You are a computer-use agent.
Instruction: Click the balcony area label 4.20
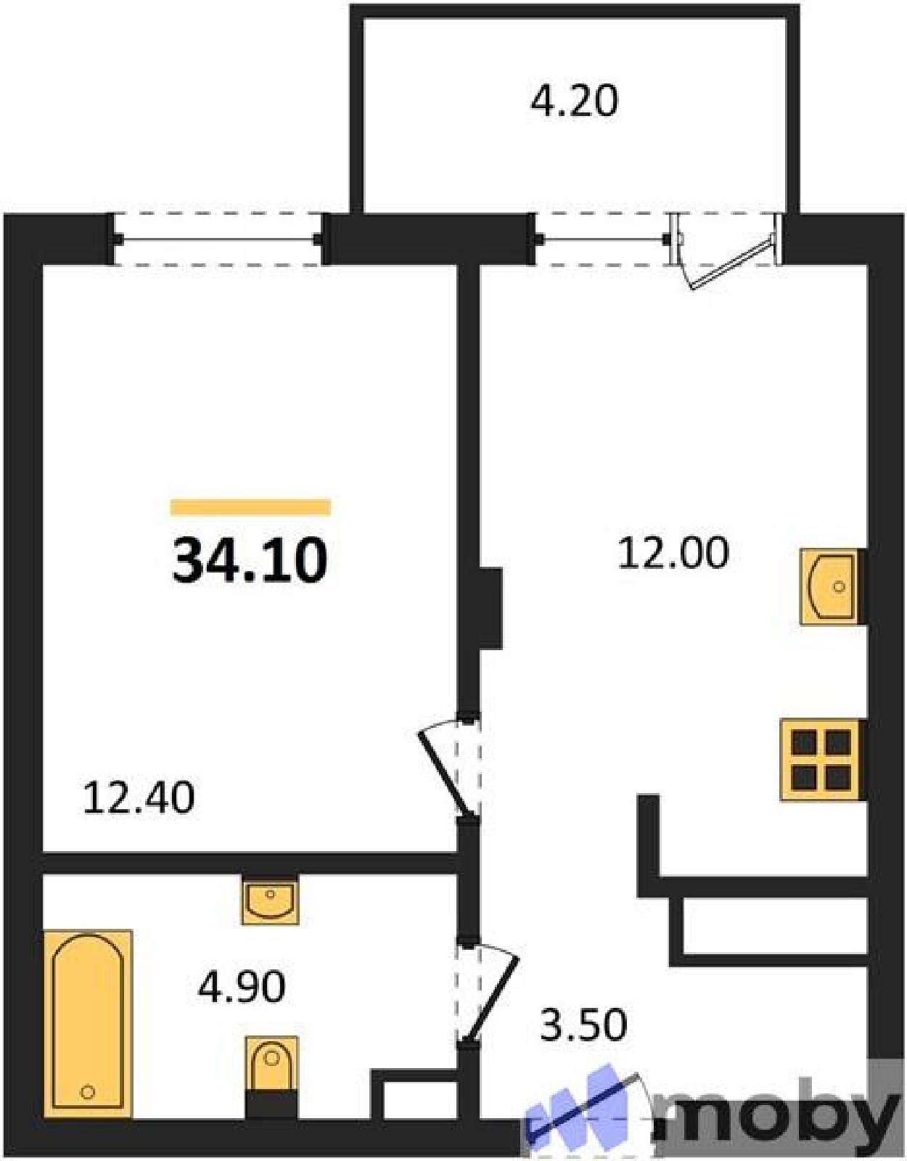coord(574,102)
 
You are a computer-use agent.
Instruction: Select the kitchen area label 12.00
coord(673,553)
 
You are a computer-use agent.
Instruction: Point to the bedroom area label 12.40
coord(139,797)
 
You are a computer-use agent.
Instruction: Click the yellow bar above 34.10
coord(250,506)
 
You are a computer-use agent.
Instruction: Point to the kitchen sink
coord(831,586)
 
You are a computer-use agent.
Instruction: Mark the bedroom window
coord(220,239)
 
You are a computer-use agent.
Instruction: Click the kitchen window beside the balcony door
coord(602,239)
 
